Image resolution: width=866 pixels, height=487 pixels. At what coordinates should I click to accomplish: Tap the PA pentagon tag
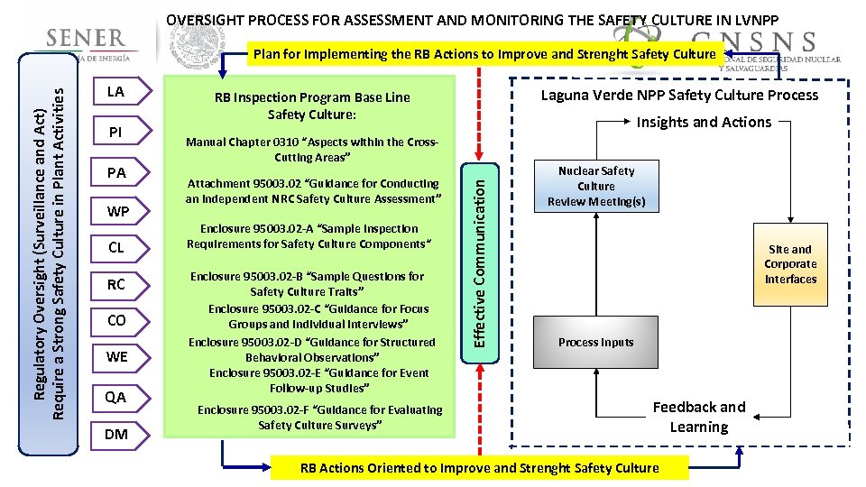pyautogui.click(x=116, y=171)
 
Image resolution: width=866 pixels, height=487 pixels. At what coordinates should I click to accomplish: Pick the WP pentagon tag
pyautogui.click(x=117, y=212)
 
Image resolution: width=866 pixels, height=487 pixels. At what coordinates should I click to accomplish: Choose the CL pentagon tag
pyautogui.click(x=116, y=247)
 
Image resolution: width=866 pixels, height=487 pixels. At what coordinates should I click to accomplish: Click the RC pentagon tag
pyautogui.click(x=116, y=284)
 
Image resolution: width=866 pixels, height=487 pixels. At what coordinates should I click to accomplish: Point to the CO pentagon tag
pyautogui.click(x=116, y=320)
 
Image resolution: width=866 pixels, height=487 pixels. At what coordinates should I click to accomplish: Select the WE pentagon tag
pyautogui.click(x=117, y=357)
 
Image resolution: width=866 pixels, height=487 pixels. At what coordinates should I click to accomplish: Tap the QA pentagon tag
pyautogui.click(x=116, y=397)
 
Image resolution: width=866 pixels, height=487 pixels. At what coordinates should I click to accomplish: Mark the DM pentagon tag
pyautogui.click(x=116, y=435)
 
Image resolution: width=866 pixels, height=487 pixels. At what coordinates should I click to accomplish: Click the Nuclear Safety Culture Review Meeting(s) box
pyautogui.click(x=596, y=187)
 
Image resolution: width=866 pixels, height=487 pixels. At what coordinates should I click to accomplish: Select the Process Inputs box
pyautogui.click(x=596, y=343)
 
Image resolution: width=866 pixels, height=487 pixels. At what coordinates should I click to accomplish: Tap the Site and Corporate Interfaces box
pyautogui.click(x=790, y=264)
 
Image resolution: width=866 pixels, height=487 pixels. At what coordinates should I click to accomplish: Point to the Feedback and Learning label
pyautogui.click(x=699, y=417)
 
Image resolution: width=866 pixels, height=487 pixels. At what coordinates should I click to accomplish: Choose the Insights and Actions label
pyautogui.click(x=705, y=122)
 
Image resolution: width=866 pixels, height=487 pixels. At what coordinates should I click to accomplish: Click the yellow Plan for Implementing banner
pyautogui.click(x=484, y=54)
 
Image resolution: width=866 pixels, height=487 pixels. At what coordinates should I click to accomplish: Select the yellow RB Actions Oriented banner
pyautogui.click(x=479, y=467)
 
